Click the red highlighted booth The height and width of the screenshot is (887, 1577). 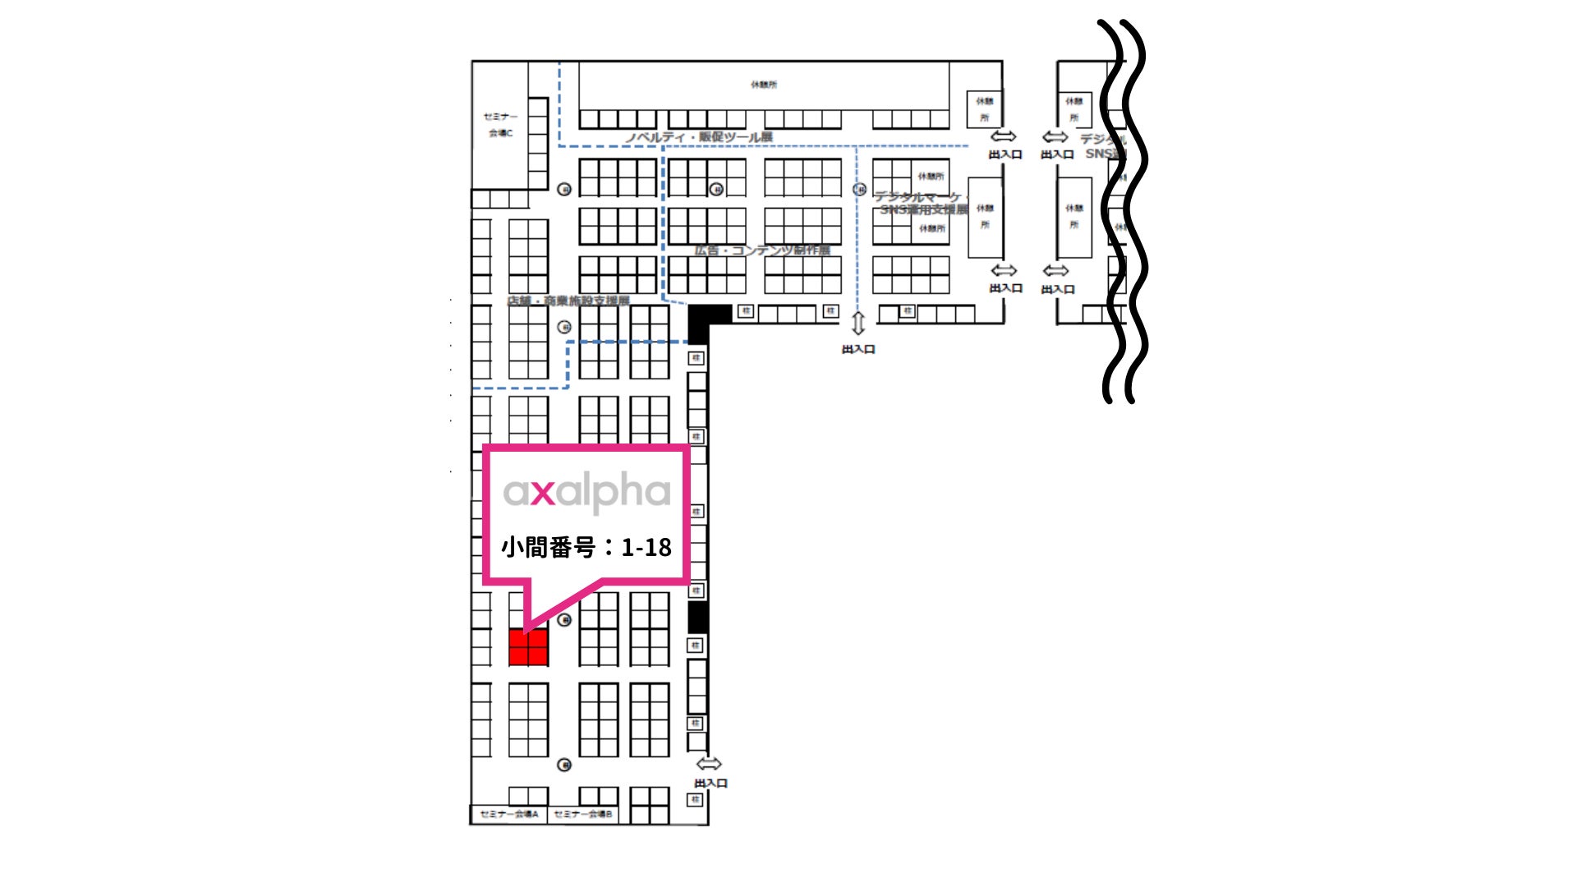pyautogui.click(x=528, y=647)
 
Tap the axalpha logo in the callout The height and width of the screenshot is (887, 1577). pyautogui.click(x=586, y=492)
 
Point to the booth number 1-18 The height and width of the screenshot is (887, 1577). pyautogui.click(x=646, y=548)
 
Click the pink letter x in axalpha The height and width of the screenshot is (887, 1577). pyautogui.click(x=542, y=493)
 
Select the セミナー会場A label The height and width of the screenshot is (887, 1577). pyautogui.click(x=509, y=814)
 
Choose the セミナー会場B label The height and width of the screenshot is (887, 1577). pyautogui.click(x=583, y=814)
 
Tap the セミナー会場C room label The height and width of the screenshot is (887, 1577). pyautogui.click(x=500, y=124)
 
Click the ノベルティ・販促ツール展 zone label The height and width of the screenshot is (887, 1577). pyautogui.click(x=699, y=137)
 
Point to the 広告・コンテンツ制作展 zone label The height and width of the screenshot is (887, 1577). pyautogui.click(x=762, y=250)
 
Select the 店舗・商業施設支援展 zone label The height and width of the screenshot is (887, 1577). pyautogui.click(x=568, y=301)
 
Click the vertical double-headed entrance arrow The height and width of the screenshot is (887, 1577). pyautogui.click(x=858, y=324)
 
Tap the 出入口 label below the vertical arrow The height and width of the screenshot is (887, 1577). pyautogui.click(x=858, y=349)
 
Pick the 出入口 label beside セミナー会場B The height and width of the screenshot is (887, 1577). pyautogui.click(x=711, y=784)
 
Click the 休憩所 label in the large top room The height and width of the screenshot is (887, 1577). pyautogui.click(x=764, y=85)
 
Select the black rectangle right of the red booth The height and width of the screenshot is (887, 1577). pyautogui.click(x=697, y=618)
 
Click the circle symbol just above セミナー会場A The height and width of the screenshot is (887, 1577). pyautogui.click(x=564, y=765)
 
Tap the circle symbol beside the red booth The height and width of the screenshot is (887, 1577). pyautogui.click(x=564, y=620)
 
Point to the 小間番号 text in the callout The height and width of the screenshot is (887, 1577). pyautogui.click(x=548, y=548)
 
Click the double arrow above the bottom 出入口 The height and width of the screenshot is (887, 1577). pyautogui.click(x=709, y=765)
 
